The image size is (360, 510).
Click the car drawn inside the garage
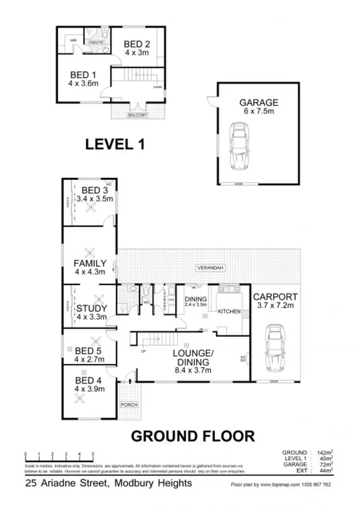tap(239, 144)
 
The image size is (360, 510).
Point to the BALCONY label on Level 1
tap(138, 116)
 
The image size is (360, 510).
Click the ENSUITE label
tap(96, 42)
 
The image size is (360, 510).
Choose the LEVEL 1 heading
tap(115, 144)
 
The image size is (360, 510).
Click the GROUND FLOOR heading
tap(193, 436)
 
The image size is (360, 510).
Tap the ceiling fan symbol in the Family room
tap(89, 253)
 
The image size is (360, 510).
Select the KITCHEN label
tap(229, 312)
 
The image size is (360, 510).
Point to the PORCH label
tap(129, 405)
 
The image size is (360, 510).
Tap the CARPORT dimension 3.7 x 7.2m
tap(275, 306)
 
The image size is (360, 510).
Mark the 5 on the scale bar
tap(93, 454)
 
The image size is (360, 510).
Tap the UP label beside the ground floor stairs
tap(143, 352)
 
